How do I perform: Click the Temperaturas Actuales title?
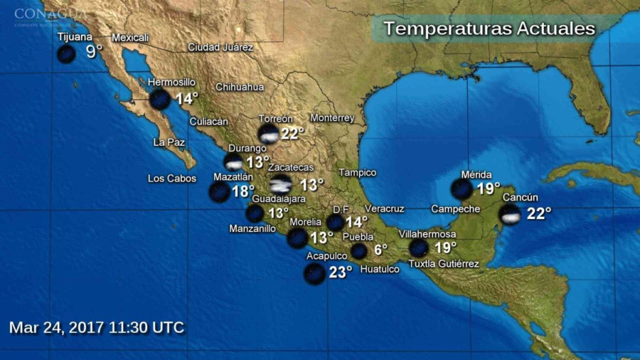[489, 29]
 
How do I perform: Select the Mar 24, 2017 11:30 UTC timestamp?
[97, 327]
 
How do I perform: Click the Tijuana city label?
[74, 37]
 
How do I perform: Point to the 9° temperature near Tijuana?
[94, 52]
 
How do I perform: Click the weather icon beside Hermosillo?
[160, 99]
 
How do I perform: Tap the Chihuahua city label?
[240, 87]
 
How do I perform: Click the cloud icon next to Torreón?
[269, 133]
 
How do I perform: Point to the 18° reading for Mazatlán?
[243, 191]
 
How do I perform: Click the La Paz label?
[169, 142]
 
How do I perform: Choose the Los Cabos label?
[172, 179]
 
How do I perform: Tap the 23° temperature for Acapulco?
[340, 272]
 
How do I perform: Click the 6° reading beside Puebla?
[380, 250]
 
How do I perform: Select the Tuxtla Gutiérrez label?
[443, 264]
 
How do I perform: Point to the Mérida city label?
[476, 175]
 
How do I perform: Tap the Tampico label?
[357, 173]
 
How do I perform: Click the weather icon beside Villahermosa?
[419, 248]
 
